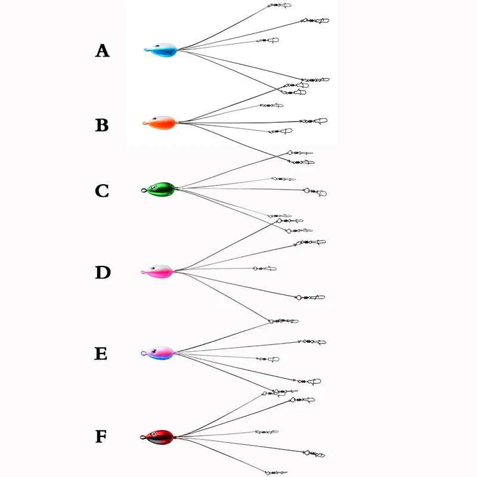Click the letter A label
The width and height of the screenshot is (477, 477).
[103, 51]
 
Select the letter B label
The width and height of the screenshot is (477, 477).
[102, 126]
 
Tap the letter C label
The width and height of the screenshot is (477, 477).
[102, 191]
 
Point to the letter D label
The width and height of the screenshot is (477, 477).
[103, 272]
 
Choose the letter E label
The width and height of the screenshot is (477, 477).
[101, 354]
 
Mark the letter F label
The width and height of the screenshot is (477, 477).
[101, 437]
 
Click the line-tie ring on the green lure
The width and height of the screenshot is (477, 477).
[143, 191]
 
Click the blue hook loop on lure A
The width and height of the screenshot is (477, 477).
[146, 50]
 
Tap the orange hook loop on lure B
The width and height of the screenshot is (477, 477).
[145, 123]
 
